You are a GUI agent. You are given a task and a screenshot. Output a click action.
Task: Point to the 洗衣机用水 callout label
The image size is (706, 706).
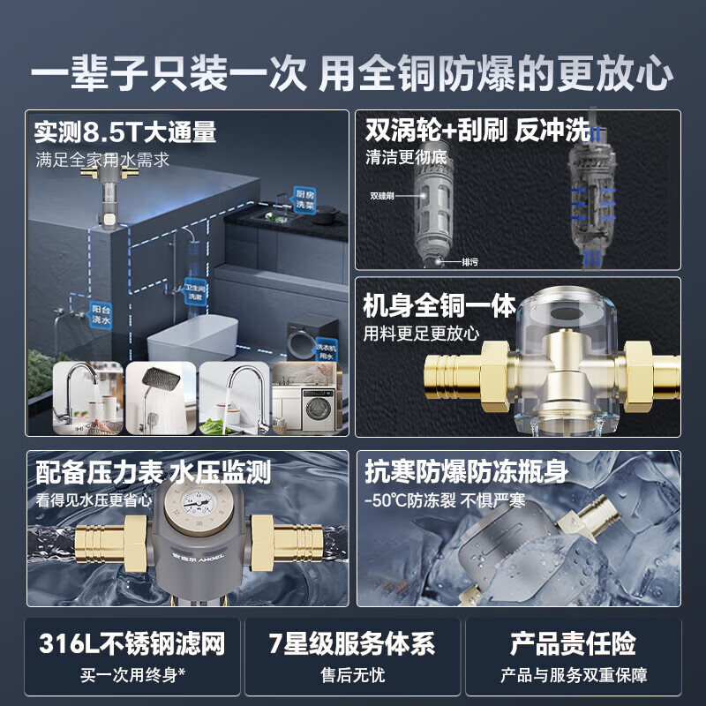pos(327,349)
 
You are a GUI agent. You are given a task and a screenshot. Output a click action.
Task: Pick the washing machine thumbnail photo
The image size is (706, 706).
pos(306,400)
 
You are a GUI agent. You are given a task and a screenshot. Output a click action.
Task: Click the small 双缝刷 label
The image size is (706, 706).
pos(381,197)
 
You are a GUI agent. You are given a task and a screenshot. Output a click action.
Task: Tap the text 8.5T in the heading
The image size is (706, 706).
pos(108,132)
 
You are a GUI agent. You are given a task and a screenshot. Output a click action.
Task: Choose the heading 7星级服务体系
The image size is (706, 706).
pos(352,643)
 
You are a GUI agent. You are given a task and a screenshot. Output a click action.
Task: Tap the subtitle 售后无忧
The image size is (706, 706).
pos(352,676)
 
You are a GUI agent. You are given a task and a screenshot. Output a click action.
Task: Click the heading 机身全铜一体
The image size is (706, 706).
pos(439,306)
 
